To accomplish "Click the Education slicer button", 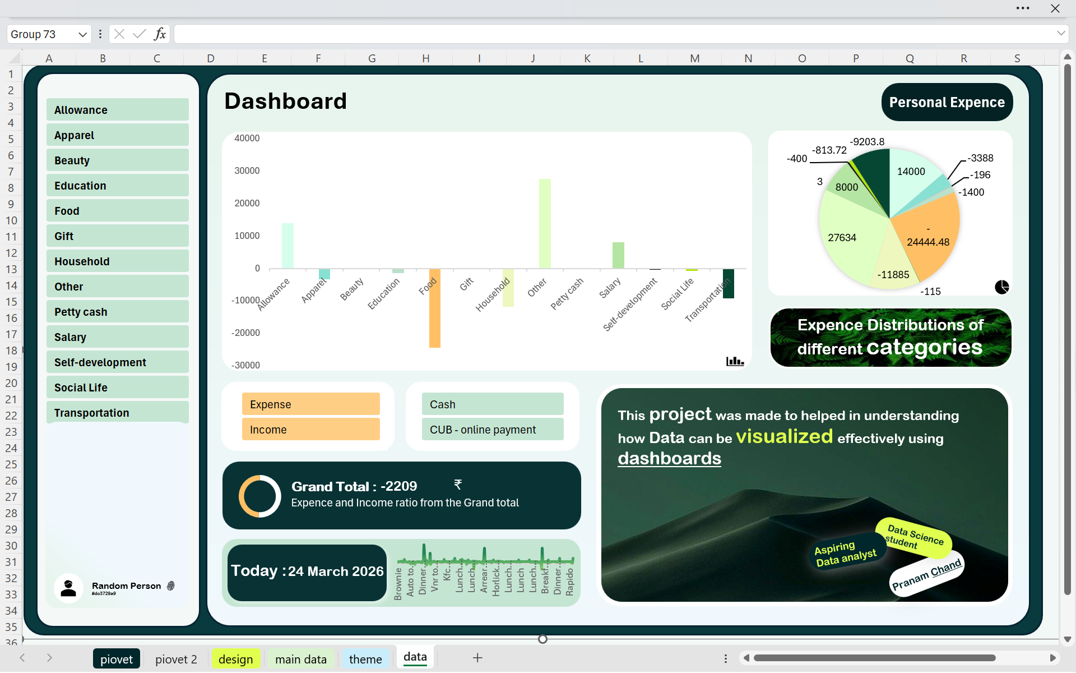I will pos(117,186).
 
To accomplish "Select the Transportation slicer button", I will pos(117,413).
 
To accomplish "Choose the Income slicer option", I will pos(310,430).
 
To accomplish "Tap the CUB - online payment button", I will pos(492,430).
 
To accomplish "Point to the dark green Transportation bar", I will pos(729,284).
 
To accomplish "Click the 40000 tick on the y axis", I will pos(247,139).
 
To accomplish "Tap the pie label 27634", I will pos(842,238).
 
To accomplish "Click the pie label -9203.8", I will pos(867,142).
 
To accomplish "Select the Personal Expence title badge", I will pos(947,103).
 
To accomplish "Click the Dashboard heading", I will pos(285,102).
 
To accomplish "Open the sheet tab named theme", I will pos(365,659).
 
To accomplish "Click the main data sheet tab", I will pos(301,659).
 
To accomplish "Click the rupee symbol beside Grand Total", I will pos(458,484).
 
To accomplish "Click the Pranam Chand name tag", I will pos(926,575).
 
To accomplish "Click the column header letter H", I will pos(426,58).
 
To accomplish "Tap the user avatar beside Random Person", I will pos(68,588).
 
